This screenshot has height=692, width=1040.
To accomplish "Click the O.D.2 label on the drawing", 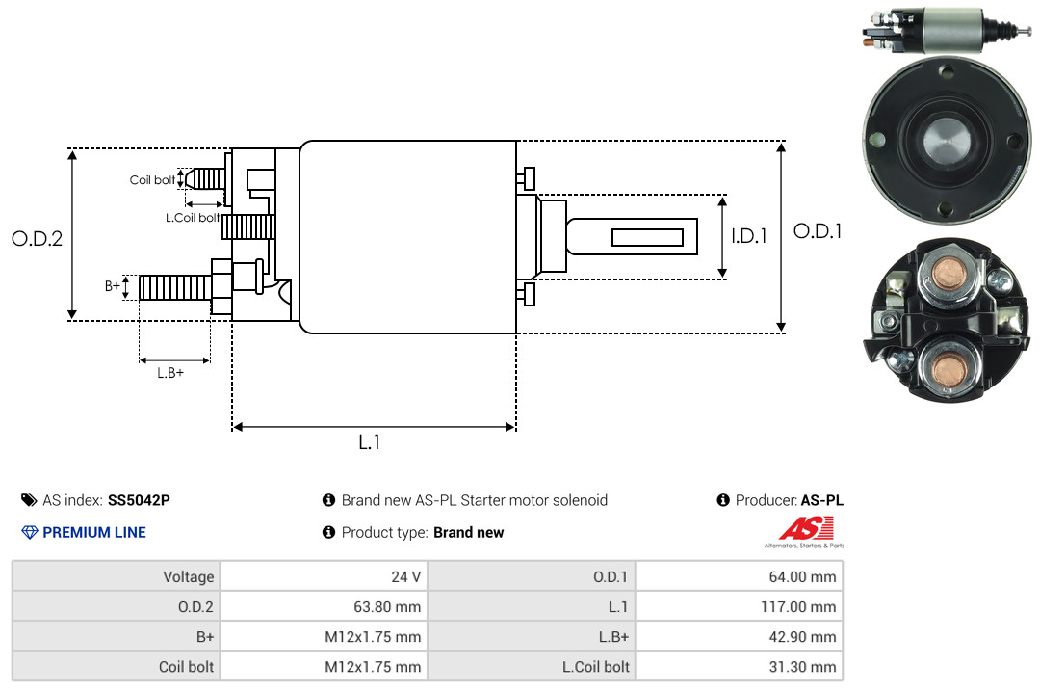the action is [38, 238].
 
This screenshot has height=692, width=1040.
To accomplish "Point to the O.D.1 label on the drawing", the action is [818, 231].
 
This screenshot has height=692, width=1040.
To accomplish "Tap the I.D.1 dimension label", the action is [749, 236].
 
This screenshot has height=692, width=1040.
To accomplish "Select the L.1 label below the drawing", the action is [370, 442].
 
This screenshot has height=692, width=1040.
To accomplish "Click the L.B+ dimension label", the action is [170, 373].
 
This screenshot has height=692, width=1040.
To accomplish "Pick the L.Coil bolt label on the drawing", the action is [193, 217].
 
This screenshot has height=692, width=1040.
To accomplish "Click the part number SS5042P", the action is [139, 500].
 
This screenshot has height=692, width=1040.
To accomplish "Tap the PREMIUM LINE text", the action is [94, 532].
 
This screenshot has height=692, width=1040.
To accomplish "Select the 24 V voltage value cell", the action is [324, 576].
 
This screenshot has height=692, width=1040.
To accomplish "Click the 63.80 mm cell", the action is [324, 606].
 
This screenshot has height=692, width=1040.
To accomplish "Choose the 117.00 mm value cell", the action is [739, 606].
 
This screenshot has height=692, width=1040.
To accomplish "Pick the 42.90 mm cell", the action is [739, 636].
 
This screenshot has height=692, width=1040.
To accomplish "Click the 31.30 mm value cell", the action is [739, 666].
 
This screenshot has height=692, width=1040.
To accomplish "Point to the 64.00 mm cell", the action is [739, 576].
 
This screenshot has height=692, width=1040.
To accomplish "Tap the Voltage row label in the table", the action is [189, 576].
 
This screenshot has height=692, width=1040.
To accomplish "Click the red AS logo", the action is [806, 528].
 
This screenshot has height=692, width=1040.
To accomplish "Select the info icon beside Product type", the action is [328, 532].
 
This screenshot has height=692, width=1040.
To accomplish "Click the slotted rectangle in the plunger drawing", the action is [647, 237].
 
